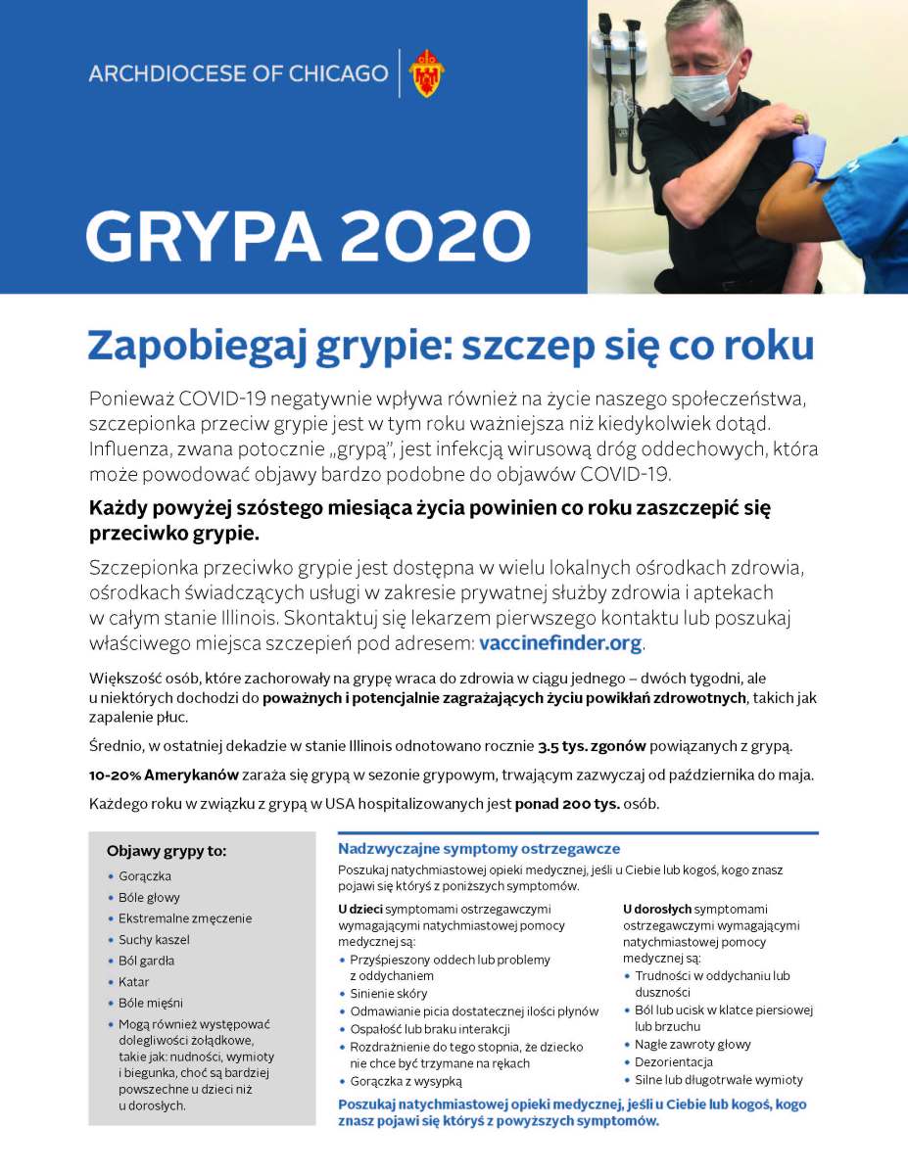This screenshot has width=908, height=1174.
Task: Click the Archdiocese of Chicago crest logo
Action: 426,72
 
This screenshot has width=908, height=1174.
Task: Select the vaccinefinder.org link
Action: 560,643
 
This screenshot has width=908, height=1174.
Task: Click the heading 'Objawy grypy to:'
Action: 167,851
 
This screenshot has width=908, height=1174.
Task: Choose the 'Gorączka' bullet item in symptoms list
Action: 144,876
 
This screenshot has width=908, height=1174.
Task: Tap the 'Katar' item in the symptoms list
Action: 134,981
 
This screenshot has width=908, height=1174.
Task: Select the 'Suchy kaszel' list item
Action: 154,939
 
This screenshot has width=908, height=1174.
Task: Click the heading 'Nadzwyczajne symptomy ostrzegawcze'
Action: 479,849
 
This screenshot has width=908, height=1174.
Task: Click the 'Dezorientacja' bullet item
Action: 673,1061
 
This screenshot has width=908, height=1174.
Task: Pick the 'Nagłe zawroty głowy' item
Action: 693,1044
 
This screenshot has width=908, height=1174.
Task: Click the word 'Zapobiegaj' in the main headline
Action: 178,347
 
